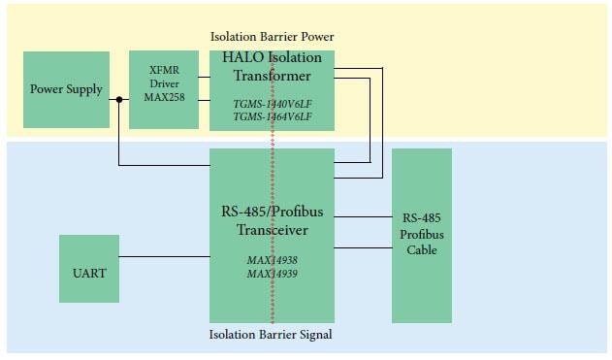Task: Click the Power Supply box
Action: [66, 90]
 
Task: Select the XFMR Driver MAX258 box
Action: [164, 89]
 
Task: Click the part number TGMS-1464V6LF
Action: [273, 116]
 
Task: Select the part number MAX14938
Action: [273, 260]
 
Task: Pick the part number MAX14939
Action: [273, 274]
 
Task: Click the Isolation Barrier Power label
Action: [272, 37]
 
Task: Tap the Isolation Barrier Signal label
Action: [272, 336]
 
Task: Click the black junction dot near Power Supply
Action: [118, 99]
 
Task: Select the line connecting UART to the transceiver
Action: [164, 257]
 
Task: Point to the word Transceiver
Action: [273, 230]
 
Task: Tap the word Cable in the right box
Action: [422, 249]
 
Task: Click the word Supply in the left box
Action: [84, 90]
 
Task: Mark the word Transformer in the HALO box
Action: [273, 76]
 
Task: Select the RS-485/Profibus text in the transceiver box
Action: [273, 213]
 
